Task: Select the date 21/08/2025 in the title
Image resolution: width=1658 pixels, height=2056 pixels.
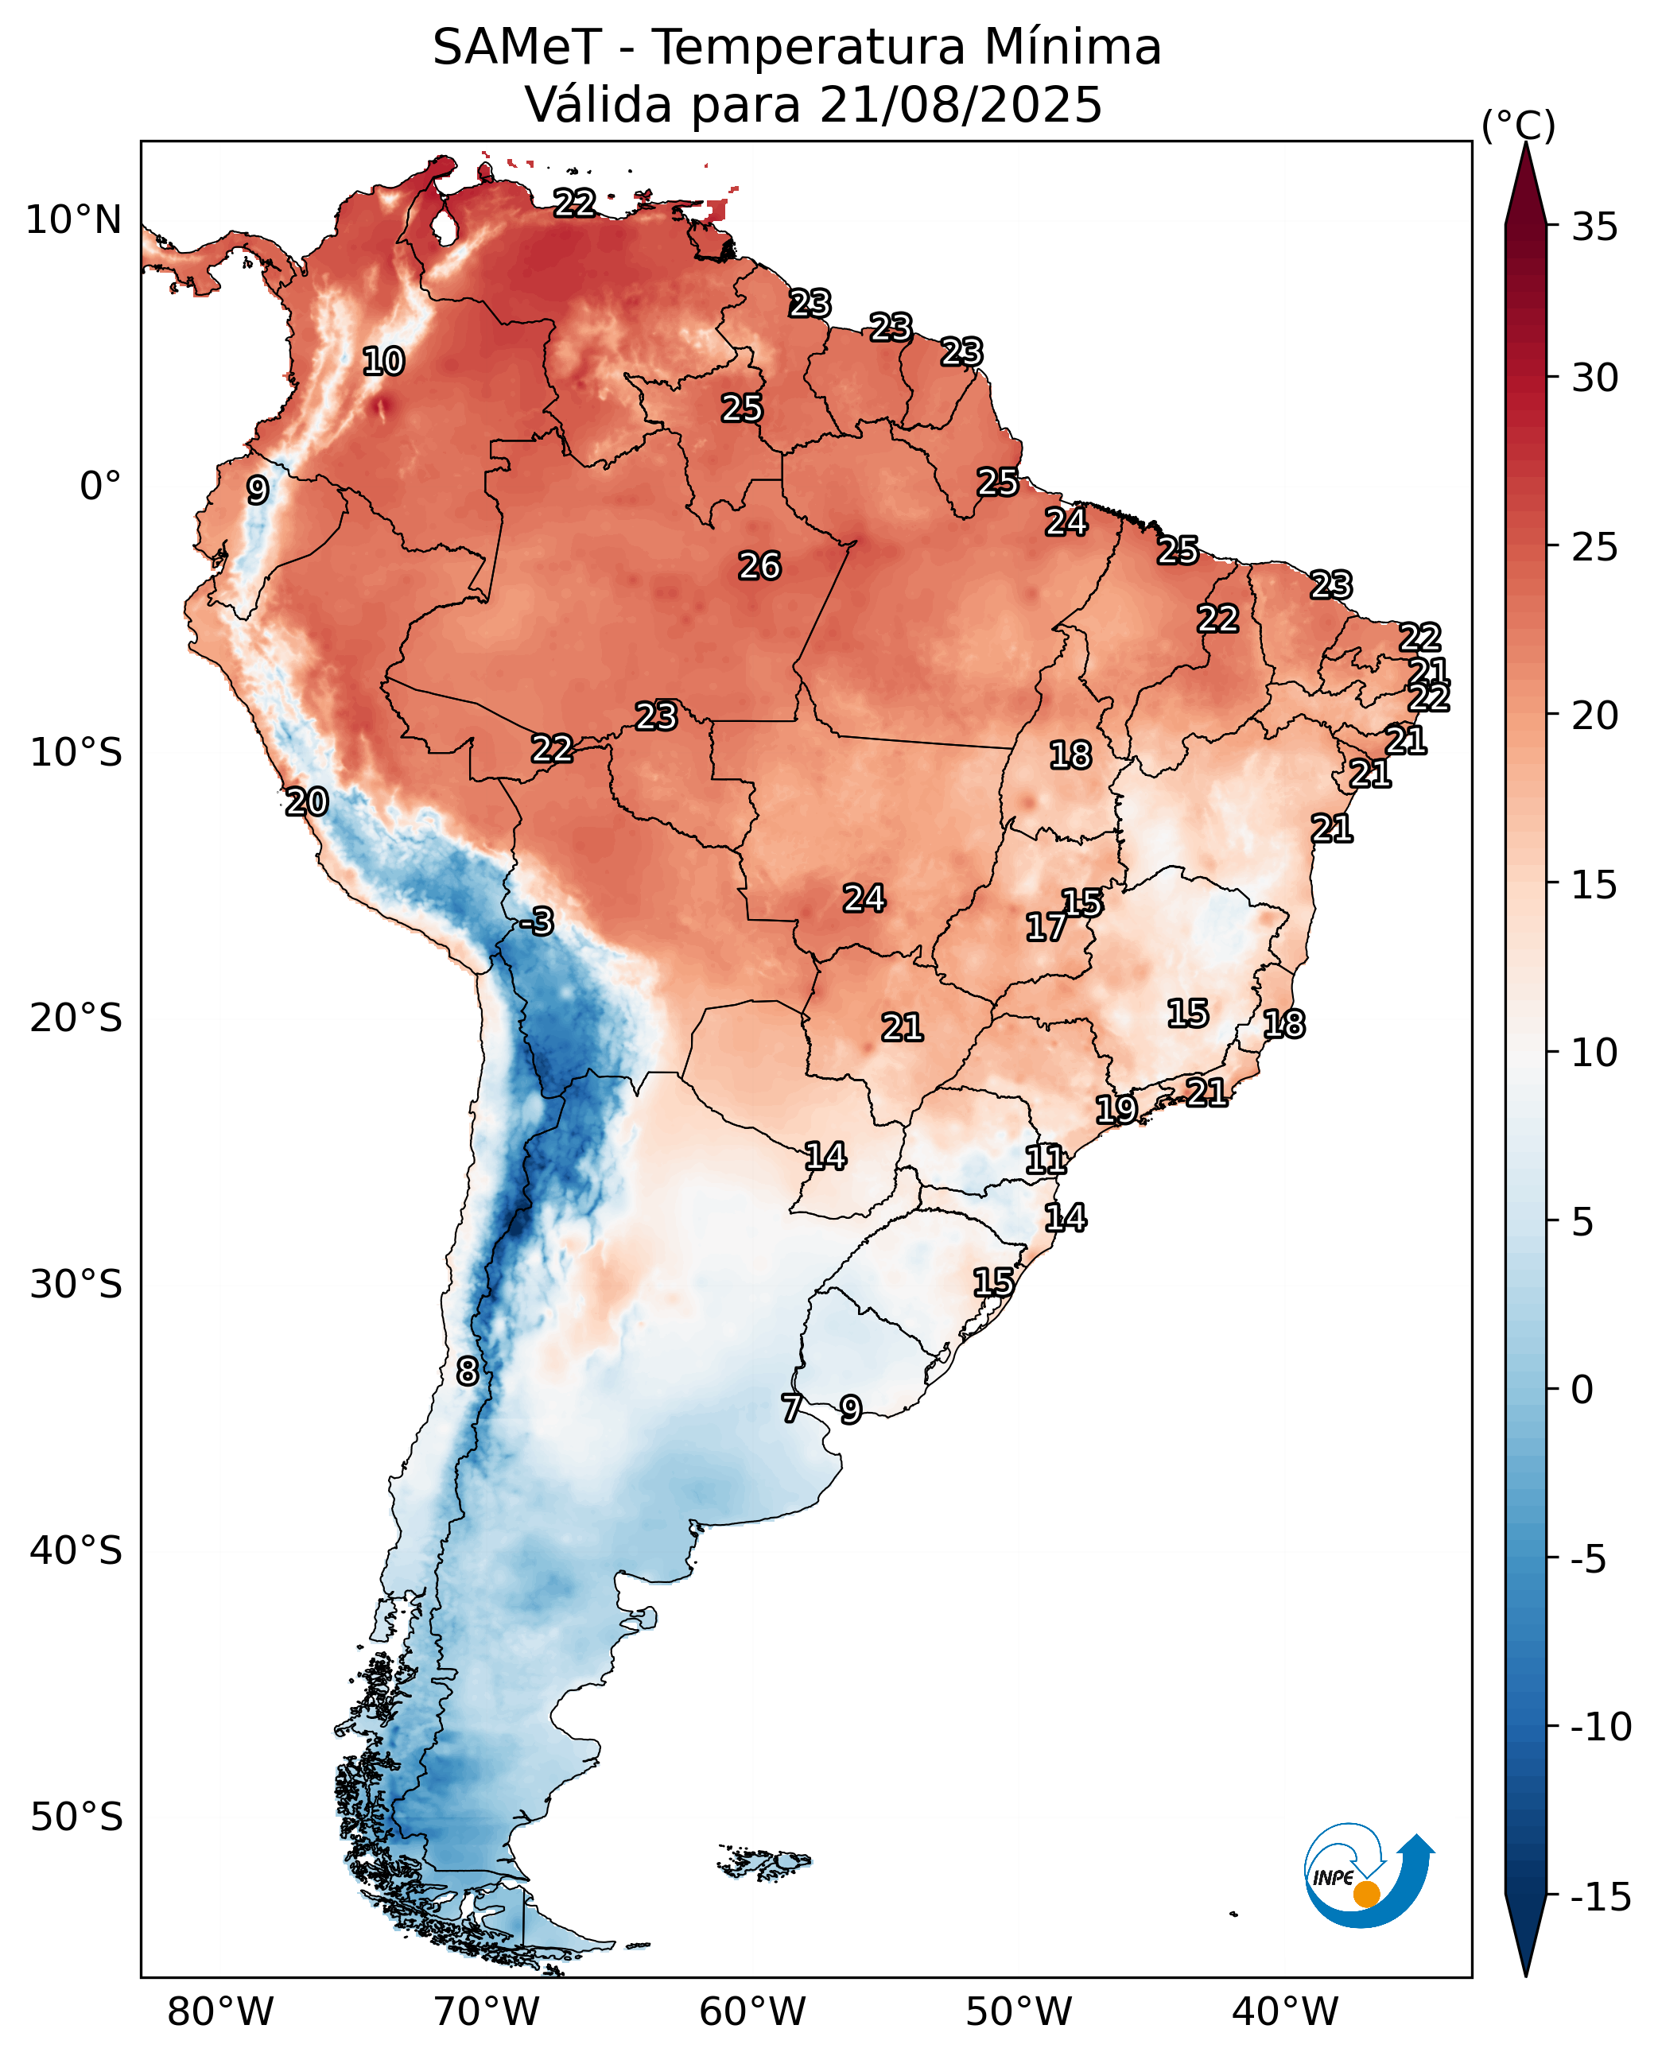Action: (960, 105)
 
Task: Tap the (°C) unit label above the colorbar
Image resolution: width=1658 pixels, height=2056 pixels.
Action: (1517, 125)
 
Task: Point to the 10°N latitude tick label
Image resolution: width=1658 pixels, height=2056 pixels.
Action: (73, 220)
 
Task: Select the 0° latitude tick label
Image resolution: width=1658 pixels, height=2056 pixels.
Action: (100, 486)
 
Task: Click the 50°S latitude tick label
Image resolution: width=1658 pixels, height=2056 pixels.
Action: (76, 1817)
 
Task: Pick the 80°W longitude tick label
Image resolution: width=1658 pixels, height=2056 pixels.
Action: (219, 2012)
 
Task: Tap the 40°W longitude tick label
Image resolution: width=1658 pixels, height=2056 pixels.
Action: (1284, 2012)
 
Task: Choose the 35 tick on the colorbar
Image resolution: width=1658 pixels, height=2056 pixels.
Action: (1595, 227)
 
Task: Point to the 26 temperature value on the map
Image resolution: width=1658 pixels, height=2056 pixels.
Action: (759, 566)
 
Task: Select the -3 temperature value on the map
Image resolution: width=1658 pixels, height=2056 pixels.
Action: (538, 921)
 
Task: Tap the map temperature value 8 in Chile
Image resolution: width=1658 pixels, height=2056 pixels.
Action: (467, 1371)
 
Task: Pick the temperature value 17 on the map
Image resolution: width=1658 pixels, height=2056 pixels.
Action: (1046, 927)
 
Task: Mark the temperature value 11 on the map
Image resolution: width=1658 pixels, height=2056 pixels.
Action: (1045, 1160)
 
